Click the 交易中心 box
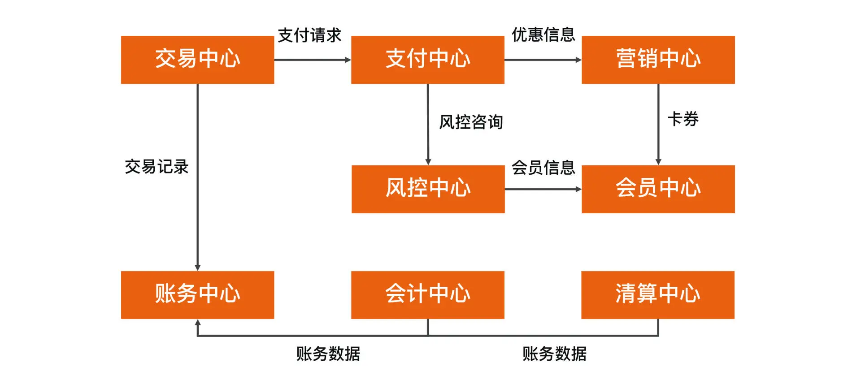(x=197, y=60)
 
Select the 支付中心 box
(x=427, y=60)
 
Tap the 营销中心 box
(x=658, y=60)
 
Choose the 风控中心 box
(x=428, y=189)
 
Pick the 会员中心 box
(x=658, y=189)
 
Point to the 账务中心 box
(x=197, y=294)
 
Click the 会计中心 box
(x=427, y=294)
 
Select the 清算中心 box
(x=657, y=294)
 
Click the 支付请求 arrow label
(x=309, y=35)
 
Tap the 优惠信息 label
(x=543, y=35)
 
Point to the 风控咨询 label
(x=471, y=122)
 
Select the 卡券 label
(x=683, y=119)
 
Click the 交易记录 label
(x=157, y=167)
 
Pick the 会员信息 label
(x=543, y=168)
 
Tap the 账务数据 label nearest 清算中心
(x=554, y=354)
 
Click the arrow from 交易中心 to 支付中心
(x=312, y=60)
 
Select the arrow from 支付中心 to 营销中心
(x=543, y=60)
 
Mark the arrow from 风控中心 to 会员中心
(x=543, y=189)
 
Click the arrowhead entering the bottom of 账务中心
(x=198, y=322)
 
